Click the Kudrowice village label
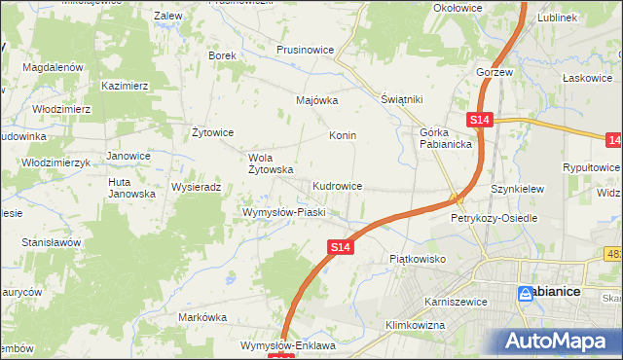pyautogui.click(x=338, y=185)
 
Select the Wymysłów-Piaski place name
pyautogui.click(x=282, y=211)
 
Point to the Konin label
pyautogui.click(x=343, y=135)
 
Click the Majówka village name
pyautogui.click(x=316, y=99)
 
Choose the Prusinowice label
pyautogui.click(x=306, y=49)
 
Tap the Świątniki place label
pyautogui.click(x=400, y=99)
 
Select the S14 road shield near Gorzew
pyautogui.click(x=479, y=120)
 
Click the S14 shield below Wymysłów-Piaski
pyautogui.click(x=338, y=249)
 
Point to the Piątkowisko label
pyautogui.click(x=417, y=259)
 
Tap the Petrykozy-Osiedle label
pyautogui.click(x=494, y=218)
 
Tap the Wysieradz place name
pyautogui.click(x=198, y=186)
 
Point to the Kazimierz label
pyautogui.click(x=124, y=86)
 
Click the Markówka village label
pyautogui.click(x=202, y=317)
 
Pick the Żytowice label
pyautogui.click(x=212, y=132)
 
